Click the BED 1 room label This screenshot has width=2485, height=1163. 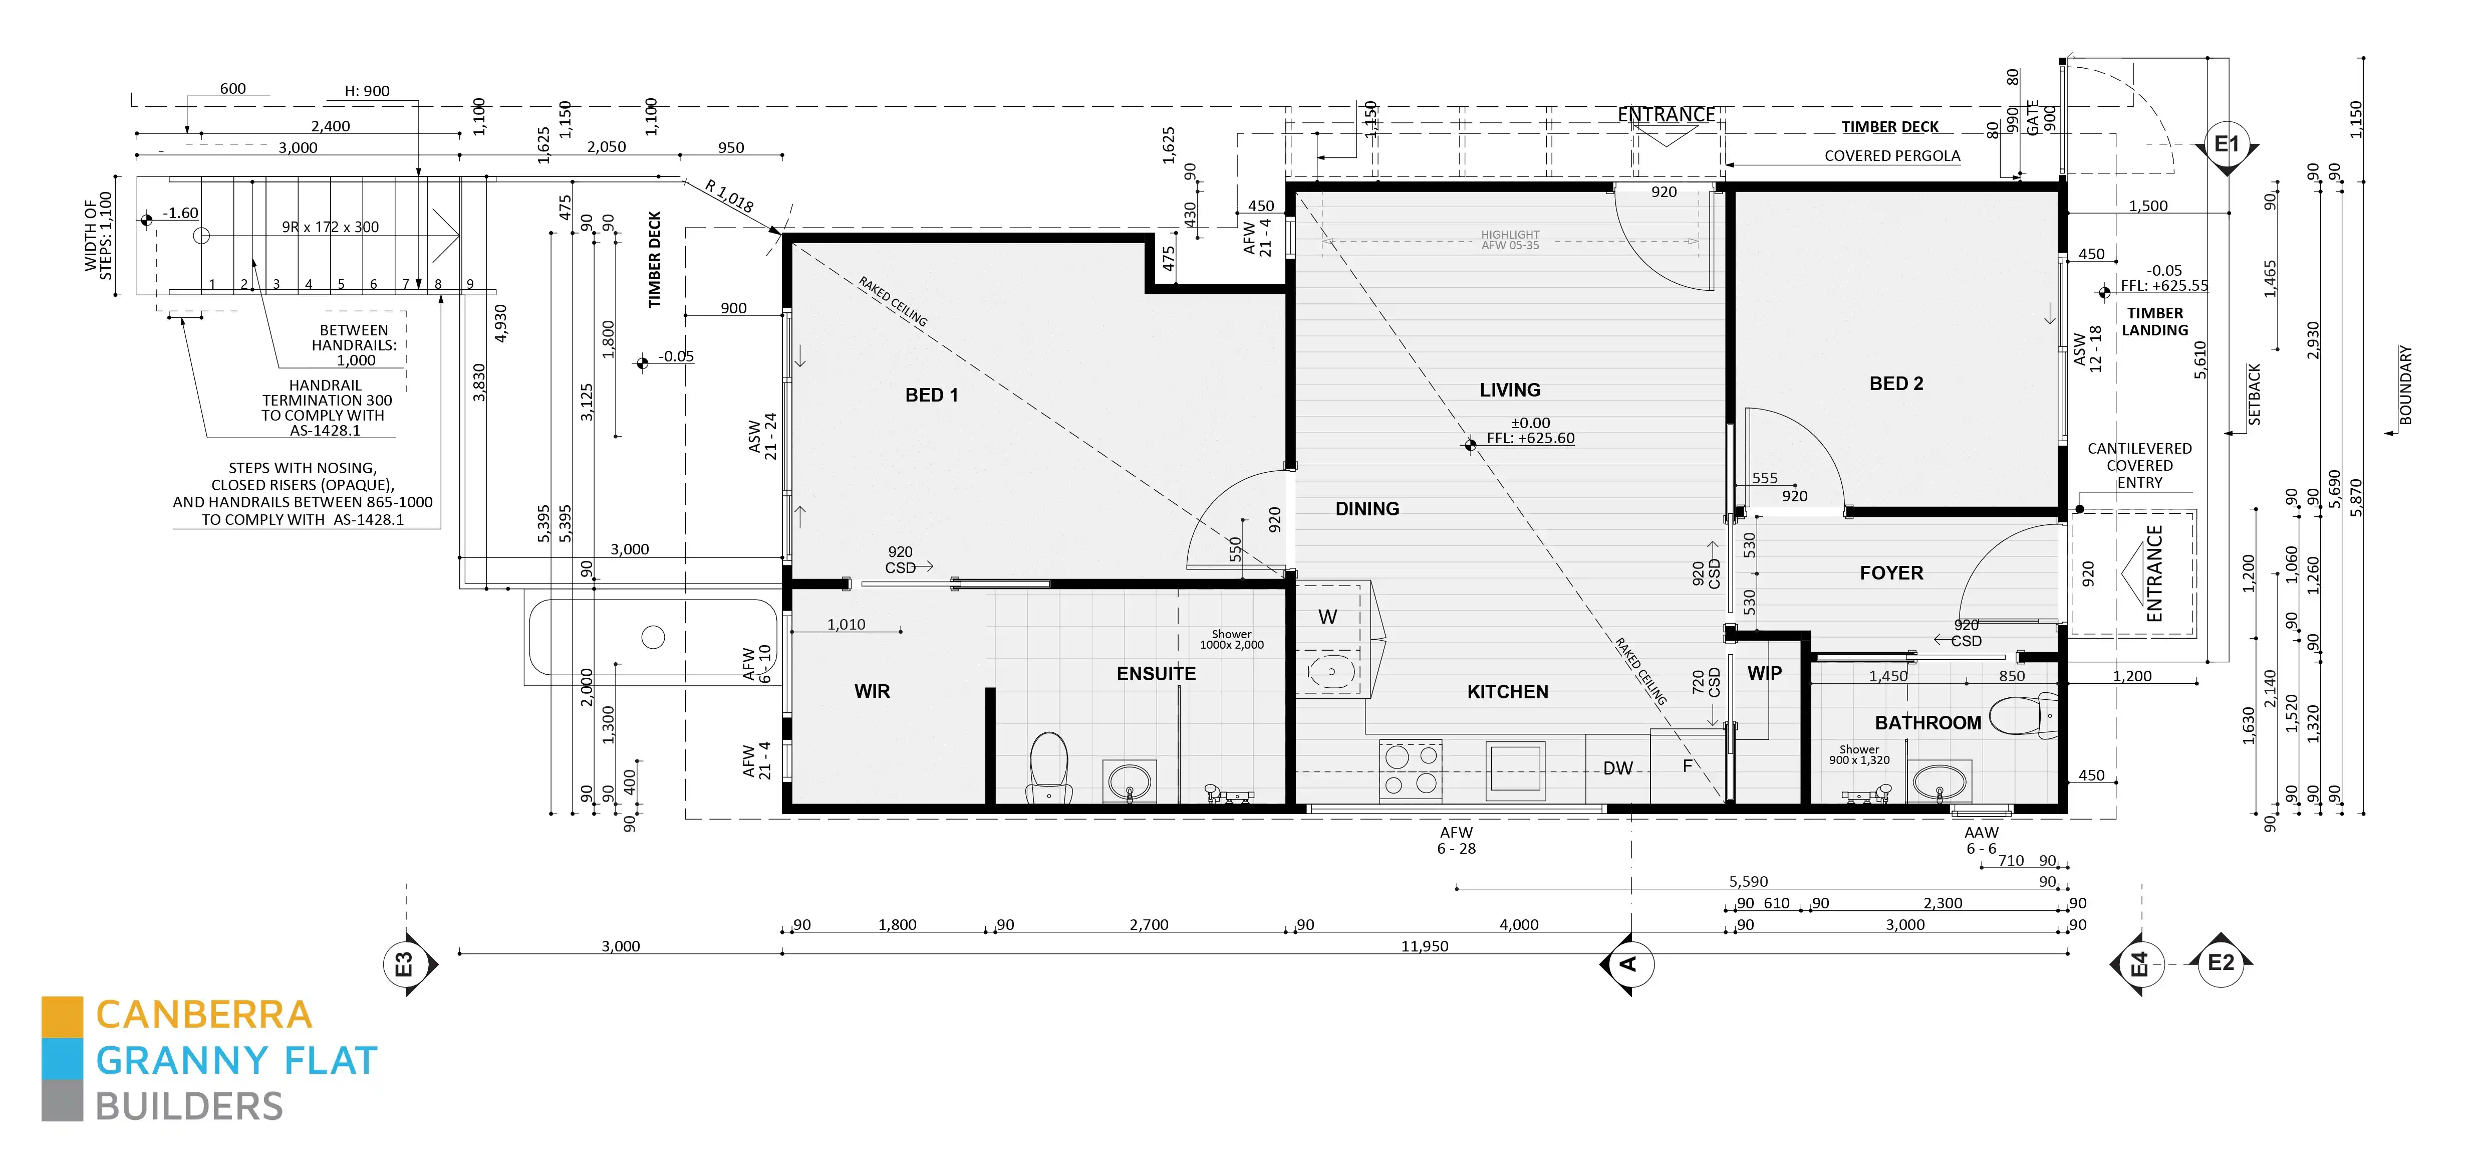point(931,395)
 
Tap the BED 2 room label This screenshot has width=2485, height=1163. point(1895,383)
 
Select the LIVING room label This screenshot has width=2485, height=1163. point(1510,390)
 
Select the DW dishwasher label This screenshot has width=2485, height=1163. point(1618,768)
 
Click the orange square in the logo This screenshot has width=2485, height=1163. point(62,1016)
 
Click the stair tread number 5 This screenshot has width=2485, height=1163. point(341,284)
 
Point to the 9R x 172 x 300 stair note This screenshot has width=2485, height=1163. point(330,227)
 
